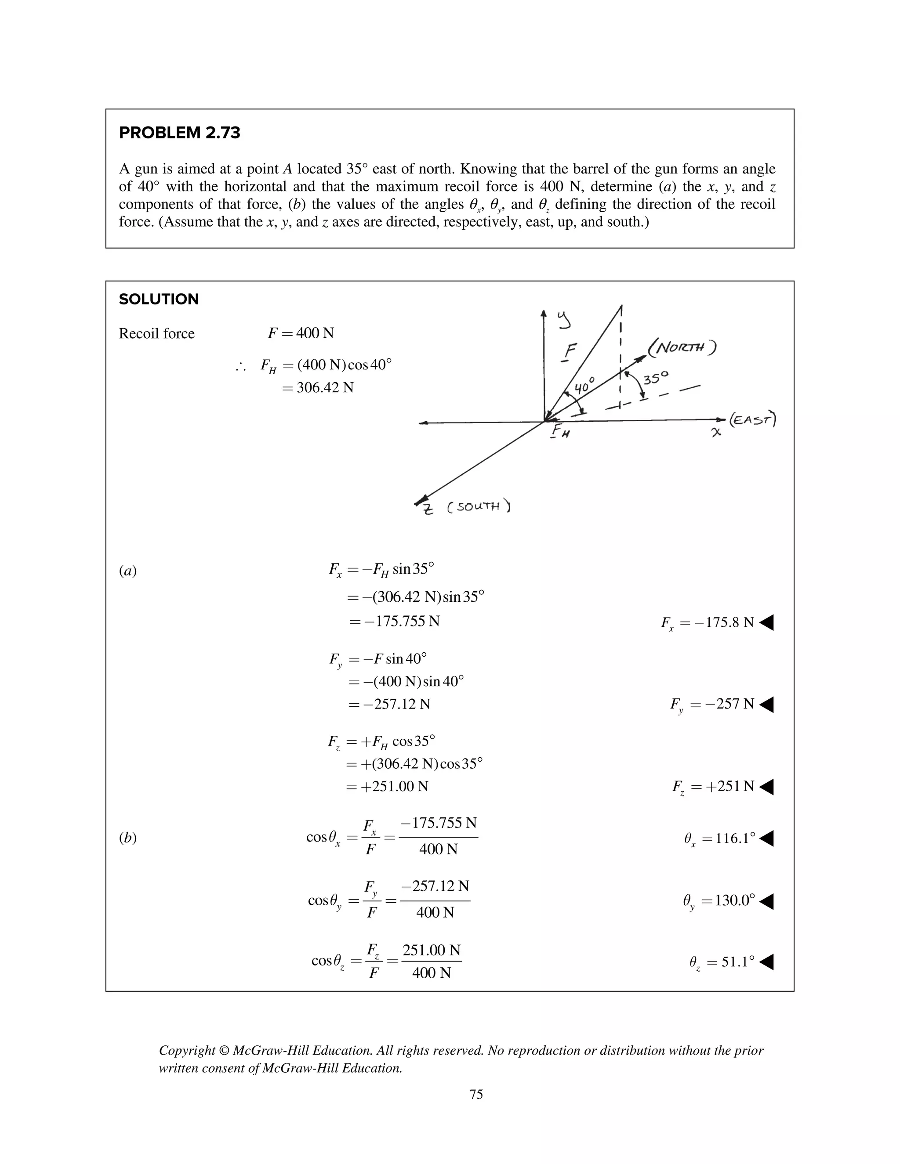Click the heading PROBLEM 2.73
179,133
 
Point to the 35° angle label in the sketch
655,379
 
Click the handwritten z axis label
428,510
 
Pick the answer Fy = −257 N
712,704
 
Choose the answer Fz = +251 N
713,786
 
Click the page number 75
476,1094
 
